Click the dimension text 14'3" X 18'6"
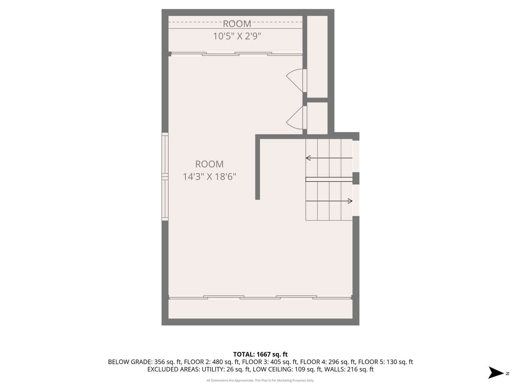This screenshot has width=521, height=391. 209,177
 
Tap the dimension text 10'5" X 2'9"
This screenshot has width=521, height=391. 237,36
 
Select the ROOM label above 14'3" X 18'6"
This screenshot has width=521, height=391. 209,164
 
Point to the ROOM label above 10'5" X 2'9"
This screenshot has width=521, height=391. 237,24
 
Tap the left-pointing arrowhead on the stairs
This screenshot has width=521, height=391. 308,158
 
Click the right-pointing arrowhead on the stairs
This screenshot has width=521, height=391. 350,201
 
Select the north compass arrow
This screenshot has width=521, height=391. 496,373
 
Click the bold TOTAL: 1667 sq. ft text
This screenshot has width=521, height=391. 260,354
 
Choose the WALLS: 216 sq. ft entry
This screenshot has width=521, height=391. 349,369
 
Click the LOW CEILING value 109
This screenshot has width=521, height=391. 299,369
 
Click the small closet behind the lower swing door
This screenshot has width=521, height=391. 317,118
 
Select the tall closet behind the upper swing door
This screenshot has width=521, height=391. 317,56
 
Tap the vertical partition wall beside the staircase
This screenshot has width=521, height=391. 258,168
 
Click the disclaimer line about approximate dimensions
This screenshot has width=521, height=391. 260,381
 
